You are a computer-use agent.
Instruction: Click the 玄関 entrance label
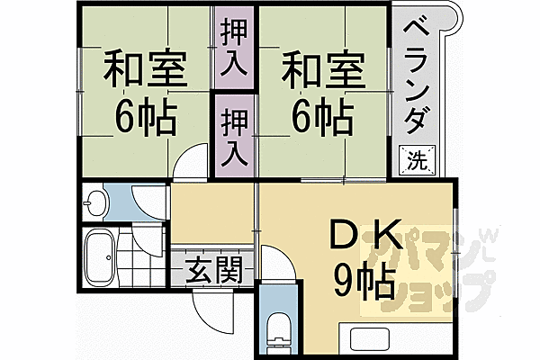[x=215, y=271]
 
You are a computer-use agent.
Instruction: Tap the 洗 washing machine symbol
[x=416, y=161]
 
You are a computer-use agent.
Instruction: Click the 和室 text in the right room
[x=321, y=67]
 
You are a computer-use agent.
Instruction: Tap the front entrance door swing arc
[x=209, y=311]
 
